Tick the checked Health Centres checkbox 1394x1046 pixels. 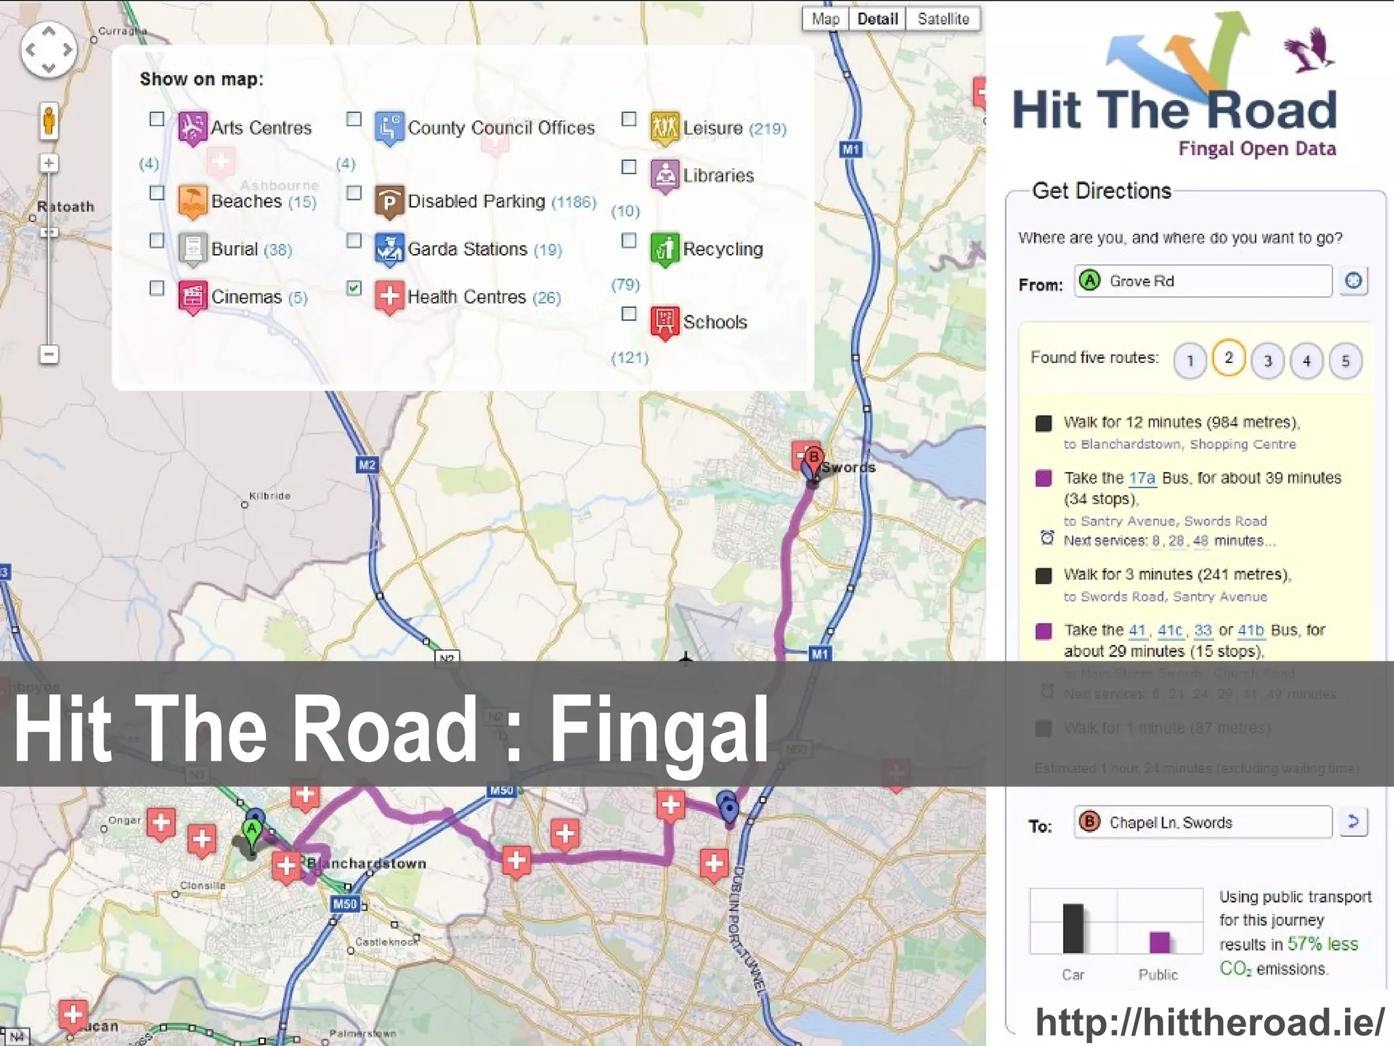(x=354, y=288)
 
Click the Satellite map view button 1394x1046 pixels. (x=943, y=19)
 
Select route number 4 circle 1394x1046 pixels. (x=1306, y=360)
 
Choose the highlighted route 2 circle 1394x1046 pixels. (x=1229, y=358)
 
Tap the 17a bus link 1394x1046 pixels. (x=1142, y=478)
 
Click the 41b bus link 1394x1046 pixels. (x=1251, y=630)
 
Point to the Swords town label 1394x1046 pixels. (x=848, y=468)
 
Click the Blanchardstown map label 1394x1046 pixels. (x=367, y=863)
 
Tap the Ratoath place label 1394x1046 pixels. (x=65, y=207)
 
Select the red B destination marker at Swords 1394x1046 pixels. (x=813, y=458)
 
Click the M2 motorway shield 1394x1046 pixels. (x=367, y=465)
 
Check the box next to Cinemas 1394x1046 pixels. (x=157, y=288)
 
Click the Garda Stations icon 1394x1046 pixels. (x=389, y=249)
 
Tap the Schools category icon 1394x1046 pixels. (x=665, y=321)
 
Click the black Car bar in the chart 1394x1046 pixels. (x=1073, y=928)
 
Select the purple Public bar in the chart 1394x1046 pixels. (x=1159, y=942)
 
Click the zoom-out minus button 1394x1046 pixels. (x=49, y=355)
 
